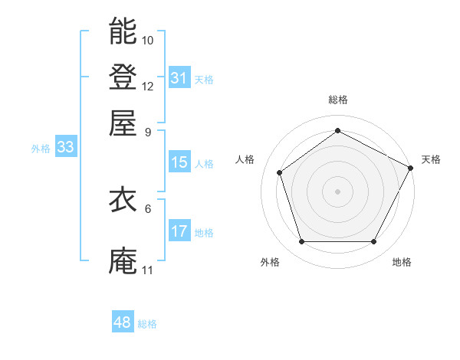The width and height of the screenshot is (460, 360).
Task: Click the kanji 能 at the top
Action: click(123, 31)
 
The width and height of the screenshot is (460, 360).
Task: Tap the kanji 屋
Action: click(123, 123)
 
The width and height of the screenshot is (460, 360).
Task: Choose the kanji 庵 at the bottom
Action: click(123, 260)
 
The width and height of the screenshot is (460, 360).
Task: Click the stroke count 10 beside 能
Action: click(148, 40)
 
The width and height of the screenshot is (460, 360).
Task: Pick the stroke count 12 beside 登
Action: click(148, 86)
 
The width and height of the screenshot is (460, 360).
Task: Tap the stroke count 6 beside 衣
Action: click(148, 208)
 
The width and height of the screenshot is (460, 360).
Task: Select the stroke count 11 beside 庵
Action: click(147, 270)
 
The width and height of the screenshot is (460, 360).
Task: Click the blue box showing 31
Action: click(179, 78)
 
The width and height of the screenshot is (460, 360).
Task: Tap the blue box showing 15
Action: click(179, 162)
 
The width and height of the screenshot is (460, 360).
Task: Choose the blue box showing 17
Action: click(179, 231)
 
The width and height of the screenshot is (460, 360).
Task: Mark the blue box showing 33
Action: click(65, 148)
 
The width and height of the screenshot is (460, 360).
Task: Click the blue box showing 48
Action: click(122, 323)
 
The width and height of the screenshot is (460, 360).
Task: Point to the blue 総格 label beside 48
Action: click(147, 324)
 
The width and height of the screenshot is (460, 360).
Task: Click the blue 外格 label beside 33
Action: click(41, 149)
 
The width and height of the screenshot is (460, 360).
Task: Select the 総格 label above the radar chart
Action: click(337, 100)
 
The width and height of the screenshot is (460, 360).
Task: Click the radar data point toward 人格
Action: click(280, 172)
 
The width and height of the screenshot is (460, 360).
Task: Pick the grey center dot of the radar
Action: click(337, 191)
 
